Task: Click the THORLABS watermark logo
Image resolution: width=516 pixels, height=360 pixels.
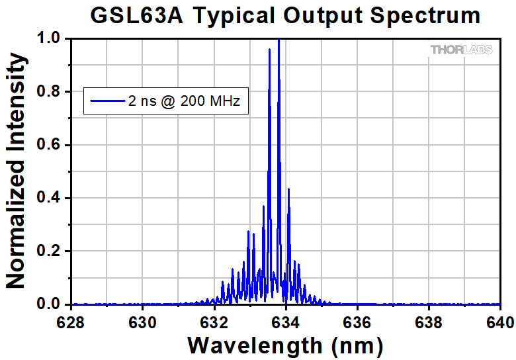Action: click(x=461, y=50)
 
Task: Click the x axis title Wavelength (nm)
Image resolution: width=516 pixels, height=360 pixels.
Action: click(x=285, y=345)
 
